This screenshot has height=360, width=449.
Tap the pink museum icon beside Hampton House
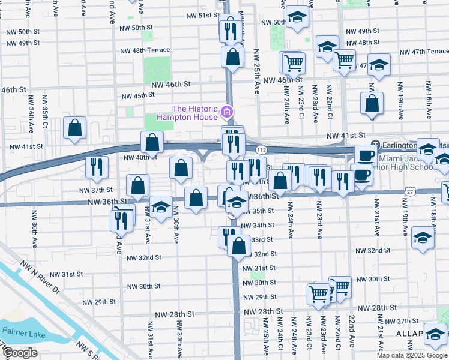click(x=226, y=112)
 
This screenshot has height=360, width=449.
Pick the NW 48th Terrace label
click(x=144, y=50)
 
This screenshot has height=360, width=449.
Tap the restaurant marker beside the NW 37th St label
click(x=97, y=168)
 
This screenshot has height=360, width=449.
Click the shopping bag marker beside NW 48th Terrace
click(x=232, y=58)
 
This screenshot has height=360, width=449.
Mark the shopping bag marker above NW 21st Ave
click(x=372, y=103)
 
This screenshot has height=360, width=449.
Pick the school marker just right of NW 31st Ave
click(x=160, y=208)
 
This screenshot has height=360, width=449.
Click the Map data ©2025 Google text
click(x=412, y=355)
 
